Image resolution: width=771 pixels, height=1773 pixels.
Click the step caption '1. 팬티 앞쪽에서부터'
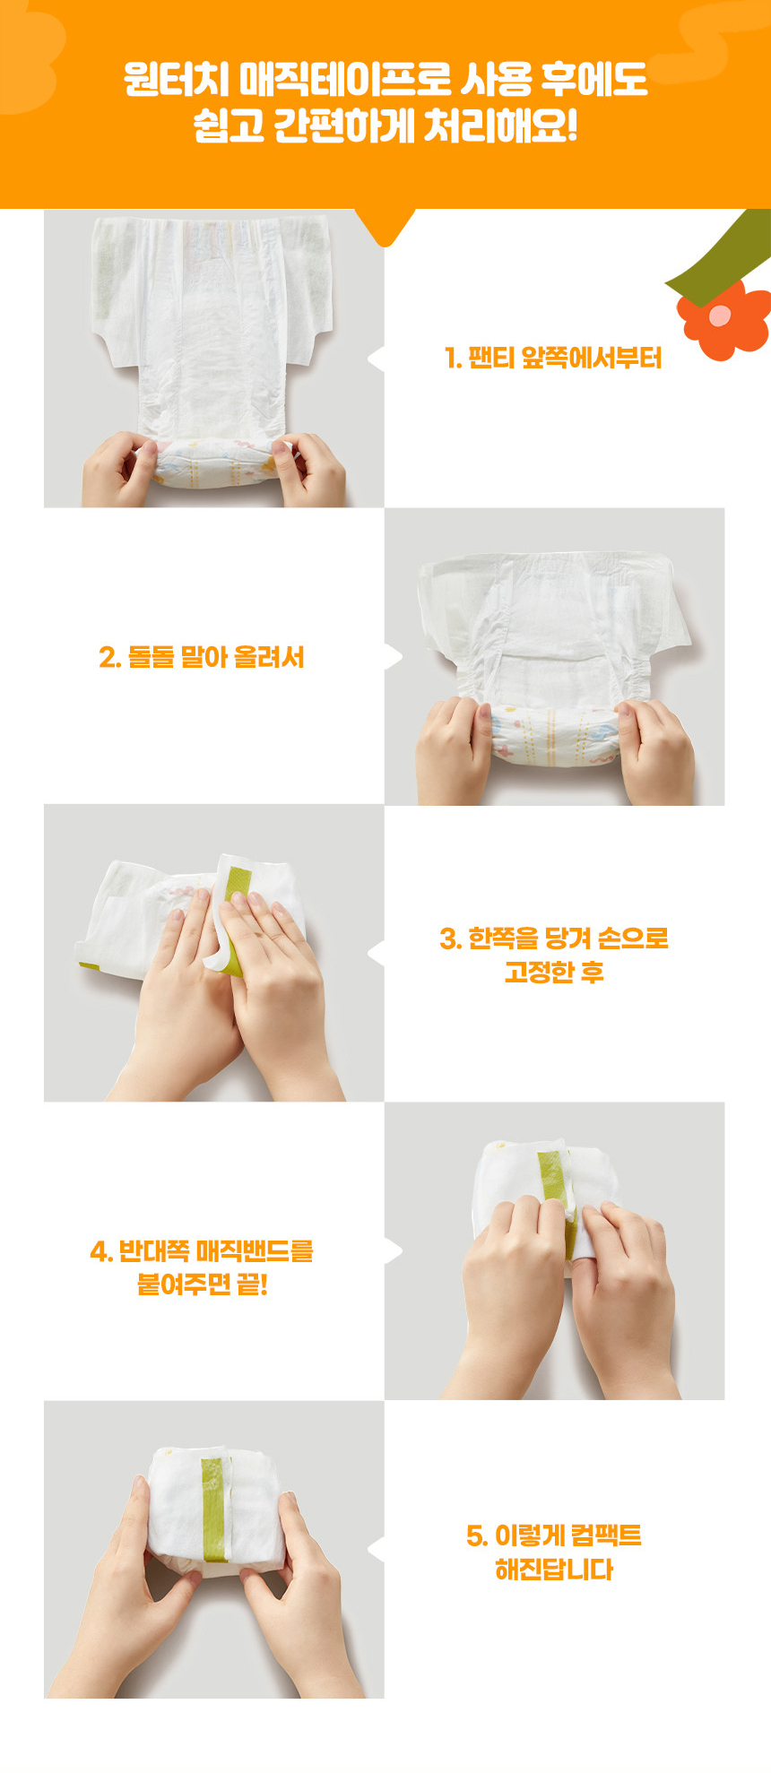click(553, 359)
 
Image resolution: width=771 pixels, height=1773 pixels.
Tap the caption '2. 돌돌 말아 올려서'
click(202, 657)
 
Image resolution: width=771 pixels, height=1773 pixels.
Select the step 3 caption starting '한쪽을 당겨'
click(554, 955)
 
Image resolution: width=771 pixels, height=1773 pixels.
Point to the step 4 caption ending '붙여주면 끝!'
click(202, 1267)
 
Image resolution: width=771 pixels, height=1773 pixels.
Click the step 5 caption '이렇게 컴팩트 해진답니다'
click(554, 1552)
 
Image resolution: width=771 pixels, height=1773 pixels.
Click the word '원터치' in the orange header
click(177, 80)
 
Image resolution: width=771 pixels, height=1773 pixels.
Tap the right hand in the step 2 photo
click(654, 753)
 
